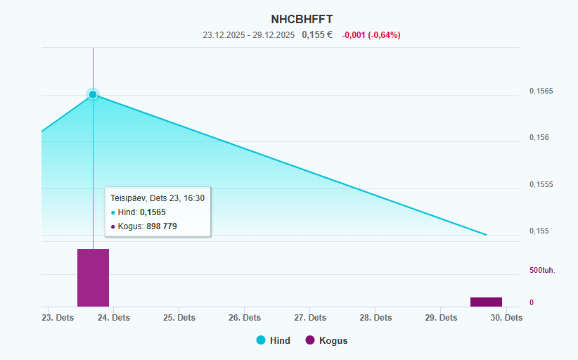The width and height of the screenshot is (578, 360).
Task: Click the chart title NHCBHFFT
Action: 302,20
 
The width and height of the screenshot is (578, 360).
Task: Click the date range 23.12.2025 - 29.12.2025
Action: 248,34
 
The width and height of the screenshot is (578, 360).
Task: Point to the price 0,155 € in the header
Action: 317,34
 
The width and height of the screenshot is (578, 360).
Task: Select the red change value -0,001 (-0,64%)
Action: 371,34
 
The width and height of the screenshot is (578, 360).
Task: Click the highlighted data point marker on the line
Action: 93,94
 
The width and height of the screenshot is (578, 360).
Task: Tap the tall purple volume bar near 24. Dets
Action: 93,278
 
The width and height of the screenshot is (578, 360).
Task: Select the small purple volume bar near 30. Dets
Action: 486,302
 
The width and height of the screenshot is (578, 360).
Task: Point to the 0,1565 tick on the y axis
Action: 541,91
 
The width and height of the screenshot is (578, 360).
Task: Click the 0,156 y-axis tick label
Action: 539,138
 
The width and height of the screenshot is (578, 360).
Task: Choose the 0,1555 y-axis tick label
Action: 541,185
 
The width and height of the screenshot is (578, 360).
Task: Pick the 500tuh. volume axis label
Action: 541,270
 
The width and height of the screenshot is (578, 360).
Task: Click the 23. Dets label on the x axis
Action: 58,318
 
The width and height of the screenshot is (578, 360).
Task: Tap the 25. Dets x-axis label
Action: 179,318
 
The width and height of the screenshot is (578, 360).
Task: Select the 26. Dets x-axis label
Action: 244,318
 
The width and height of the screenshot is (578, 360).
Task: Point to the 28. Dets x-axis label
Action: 375,318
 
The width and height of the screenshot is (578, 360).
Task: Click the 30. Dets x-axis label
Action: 506,318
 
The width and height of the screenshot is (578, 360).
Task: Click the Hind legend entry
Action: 274,340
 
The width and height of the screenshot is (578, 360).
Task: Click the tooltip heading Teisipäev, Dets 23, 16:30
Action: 158,198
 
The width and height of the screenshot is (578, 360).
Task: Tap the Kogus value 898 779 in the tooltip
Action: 162,226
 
